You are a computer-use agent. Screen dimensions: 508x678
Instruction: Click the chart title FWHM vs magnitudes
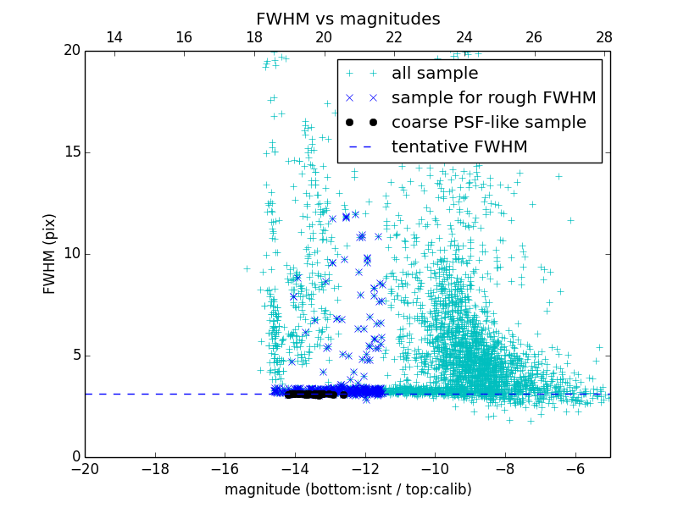point(347,19)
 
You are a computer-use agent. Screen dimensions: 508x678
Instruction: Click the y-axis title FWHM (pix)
point(50,254)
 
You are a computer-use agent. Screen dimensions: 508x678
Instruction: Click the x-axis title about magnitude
point(347,489)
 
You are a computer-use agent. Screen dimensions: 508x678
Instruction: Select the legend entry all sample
point(434,74)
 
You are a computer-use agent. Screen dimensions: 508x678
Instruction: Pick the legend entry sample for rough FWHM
point(493,98)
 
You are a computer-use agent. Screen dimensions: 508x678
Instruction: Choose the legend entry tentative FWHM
point(458,147)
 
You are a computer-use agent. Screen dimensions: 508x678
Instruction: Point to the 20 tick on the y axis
point(71,51)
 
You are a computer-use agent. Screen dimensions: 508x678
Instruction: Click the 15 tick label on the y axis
point(71,152)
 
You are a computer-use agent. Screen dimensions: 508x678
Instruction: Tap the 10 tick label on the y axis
point(71,254)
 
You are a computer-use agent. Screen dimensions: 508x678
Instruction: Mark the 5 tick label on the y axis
point(75,356)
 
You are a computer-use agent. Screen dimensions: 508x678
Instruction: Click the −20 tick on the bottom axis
point(85,468)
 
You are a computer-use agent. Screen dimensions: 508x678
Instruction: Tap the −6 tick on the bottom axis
point(575,468)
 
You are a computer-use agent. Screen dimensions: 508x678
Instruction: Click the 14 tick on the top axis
point(114,37)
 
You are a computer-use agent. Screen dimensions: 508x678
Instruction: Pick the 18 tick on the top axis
point(254,37)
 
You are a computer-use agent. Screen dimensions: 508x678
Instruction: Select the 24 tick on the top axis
point(464,37)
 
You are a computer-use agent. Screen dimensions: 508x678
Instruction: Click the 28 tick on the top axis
point(603,37)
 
